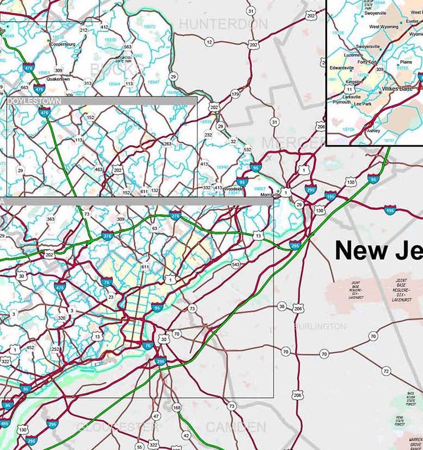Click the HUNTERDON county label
tap(223, 24)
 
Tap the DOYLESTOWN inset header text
tap(34, 101)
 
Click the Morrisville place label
tap(269, 195)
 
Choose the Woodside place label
tap(234, 189)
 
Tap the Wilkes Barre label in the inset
tap(397, 88)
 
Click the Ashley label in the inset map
tap(373, 130)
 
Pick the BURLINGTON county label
tap(319, 327)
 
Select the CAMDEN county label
tap(236, 427)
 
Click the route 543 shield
tap(235, 264)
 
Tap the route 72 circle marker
tap(386, 371)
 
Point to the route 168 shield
tap(177, 407)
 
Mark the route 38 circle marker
tap(282, 307)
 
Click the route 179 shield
tap(235, 95)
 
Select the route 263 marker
tap(167, 144)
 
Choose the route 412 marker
tap(105, 27)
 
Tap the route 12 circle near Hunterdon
tap(209, 42)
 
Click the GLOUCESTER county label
tap(118, 427)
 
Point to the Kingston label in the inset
tap(354, 82)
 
